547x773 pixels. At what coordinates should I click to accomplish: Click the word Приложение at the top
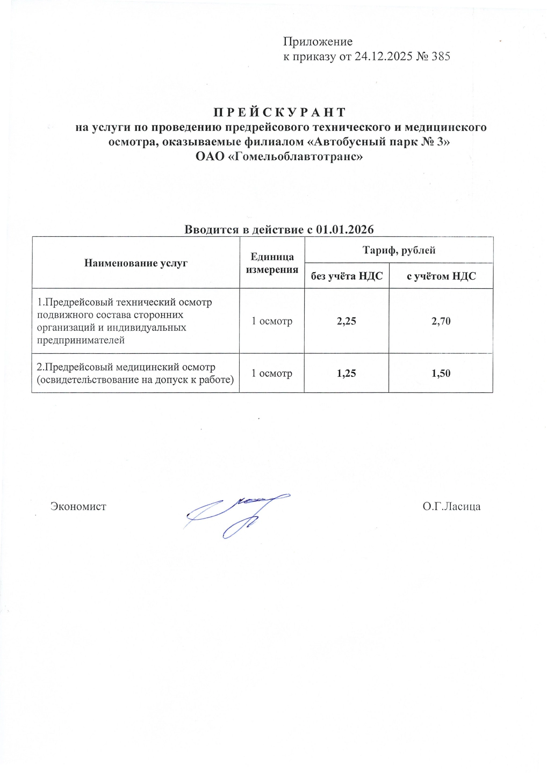[318, 42]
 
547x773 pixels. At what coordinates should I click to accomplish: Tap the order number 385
[441, 56]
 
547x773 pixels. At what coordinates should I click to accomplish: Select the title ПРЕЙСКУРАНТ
[280, 112]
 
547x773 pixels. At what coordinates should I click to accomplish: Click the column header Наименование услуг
[136, 263]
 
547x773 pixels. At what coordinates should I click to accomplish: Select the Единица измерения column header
[272, 263]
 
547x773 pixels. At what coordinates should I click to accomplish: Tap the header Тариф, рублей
[399, 250]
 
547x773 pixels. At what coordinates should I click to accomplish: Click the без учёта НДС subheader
[347, 276]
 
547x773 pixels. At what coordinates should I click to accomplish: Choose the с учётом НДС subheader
[441, 276]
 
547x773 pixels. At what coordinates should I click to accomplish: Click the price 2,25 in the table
[347, 322]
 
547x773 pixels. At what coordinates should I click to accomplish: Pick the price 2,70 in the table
[441, 322]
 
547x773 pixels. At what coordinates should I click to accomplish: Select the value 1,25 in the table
[347, 373]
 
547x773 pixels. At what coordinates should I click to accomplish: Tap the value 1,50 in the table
[441, 373]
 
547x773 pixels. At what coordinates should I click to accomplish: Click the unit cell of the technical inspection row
[272, 322]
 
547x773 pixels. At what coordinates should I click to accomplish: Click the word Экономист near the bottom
[78, 506]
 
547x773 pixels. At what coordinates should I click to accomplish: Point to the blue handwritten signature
[236, 513]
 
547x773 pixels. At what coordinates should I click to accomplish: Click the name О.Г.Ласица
[451, 506]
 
